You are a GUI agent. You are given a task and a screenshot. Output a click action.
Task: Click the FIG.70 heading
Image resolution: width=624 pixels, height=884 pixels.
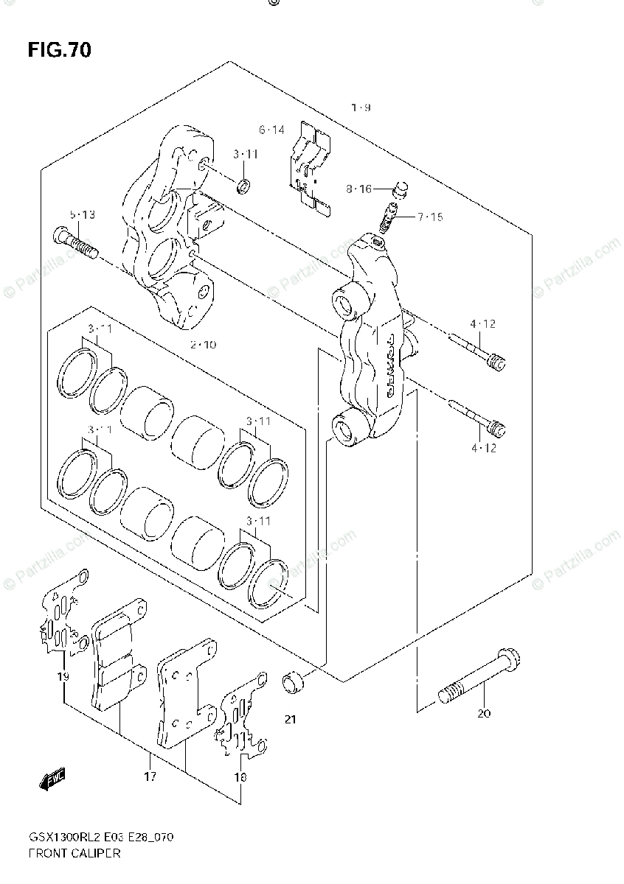point(59,50)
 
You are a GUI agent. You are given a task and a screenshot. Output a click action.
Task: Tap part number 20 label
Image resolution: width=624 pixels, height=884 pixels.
point(484,713)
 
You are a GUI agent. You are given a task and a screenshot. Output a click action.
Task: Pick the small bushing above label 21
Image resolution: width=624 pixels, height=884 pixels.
point(293,681)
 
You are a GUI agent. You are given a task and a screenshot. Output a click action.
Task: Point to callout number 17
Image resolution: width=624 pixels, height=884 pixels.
point(150,776)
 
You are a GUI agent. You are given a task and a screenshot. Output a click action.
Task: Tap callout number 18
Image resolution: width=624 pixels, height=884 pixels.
point(240,776)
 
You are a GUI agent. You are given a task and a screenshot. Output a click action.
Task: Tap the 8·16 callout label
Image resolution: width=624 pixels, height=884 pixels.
point(359,189)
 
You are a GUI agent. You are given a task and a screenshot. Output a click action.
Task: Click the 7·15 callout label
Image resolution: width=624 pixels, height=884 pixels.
point(430,217)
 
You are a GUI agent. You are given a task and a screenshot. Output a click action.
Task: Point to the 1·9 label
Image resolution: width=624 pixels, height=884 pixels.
point(360,108)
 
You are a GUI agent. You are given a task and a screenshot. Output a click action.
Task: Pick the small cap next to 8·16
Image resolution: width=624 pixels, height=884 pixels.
point(401,190)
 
